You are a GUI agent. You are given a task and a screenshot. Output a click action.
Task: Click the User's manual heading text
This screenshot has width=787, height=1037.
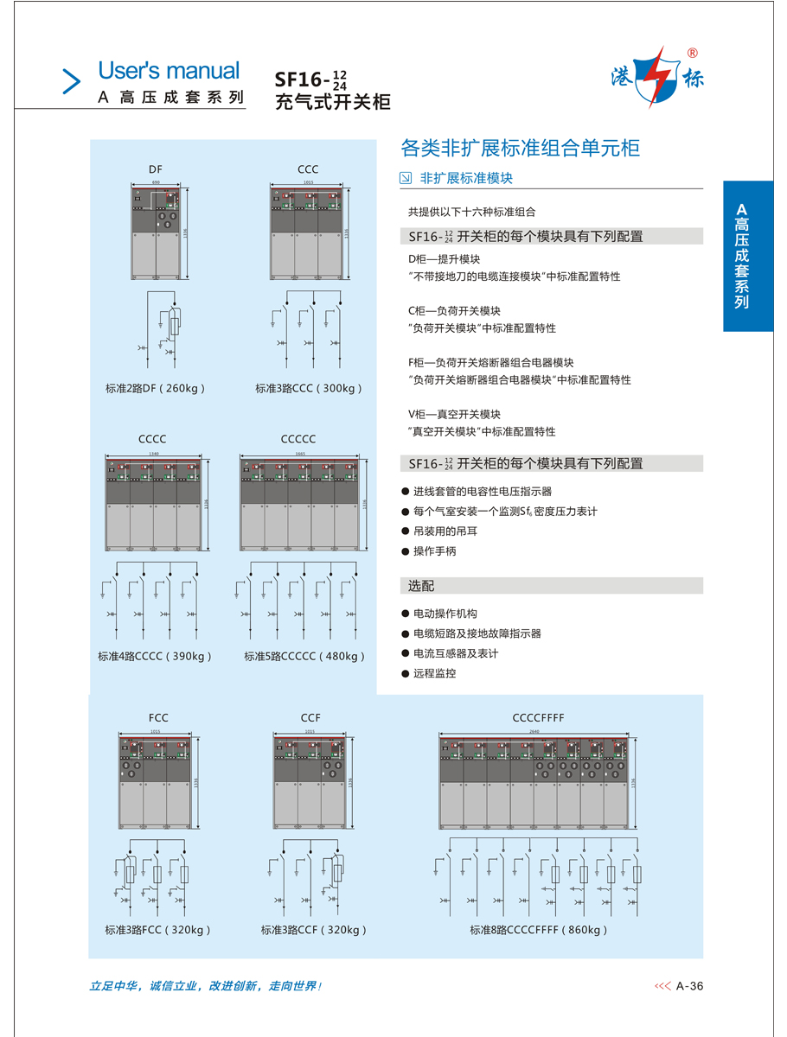point(169,70)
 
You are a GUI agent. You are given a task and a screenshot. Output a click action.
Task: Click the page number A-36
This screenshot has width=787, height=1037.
point(689,986)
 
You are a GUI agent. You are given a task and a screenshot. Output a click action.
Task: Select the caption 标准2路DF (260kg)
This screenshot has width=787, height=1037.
point(156,389)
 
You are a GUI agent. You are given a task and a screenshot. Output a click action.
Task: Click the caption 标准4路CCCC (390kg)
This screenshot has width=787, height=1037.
point(155,657)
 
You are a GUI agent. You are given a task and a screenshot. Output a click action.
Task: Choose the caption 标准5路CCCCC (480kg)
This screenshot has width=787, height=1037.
point(304,657)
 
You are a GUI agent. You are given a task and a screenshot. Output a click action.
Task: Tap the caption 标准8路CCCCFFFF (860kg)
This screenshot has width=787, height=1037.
point(539,931)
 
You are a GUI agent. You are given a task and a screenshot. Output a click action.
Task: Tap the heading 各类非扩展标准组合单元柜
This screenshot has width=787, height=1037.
point(520,149)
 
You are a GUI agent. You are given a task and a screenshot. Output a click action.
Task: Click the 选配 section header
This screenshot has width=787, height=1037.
point(421,586)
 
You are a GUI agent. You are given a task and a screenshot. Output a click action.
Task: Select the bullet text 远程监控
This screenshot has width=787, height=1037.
point(434,673)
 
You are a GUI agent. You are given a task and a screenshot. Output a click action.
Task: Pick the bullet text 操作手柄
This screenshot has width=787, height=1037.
point(434,551)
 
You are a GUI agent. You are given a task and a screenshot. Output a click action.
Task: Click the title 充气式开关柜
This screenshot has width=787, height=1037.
point(332,102)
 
